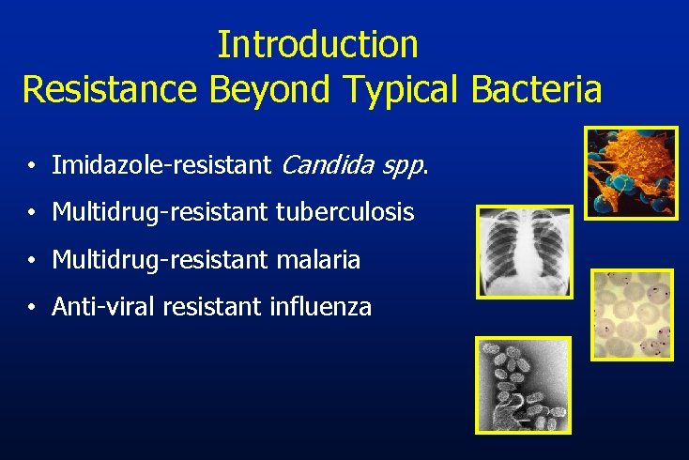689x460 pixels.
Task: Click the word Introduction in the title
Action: [317, 44]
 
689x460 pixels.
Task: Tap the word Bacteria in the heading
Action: [537, 89]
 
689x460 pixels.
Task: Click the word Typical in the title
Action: [405, 91]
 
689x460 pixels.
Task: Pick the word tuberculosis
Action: [344, 213]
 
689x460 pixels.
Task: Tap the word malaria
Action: [318, 259]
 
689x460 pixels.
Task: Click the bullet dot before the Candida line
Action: [32, 168]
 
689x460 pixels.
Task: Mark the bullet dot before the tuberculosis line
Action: [32, 214]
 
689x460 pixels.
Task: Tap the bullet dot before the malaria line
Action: [32, 260]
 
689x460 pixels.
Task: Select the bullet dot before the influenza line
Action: [32, 307]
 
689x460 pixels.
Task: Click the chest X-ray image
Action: [525, 252]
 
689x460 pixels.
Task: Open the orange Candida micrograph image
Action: [630, 173]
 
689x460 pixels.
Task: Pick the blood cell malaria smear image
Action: [632, 314]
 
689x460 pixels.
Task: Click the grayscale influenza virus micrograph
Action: [523, 385]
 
